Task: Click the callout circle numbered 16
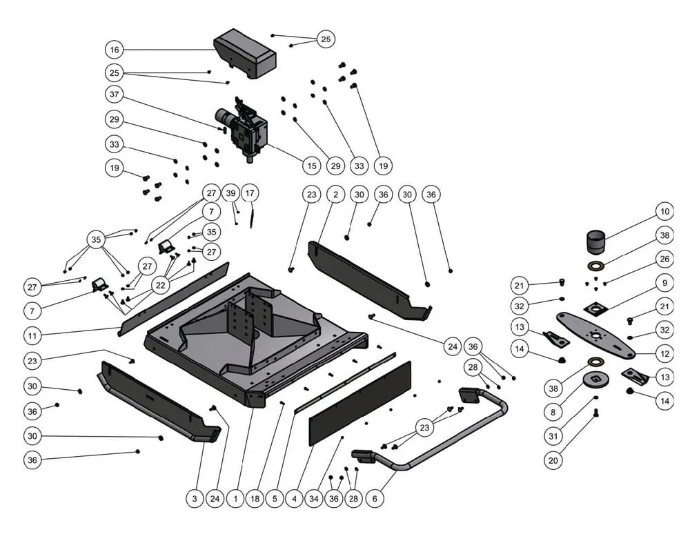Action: tap(115, 50)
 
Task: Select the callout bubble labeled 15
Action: tap(312, 166)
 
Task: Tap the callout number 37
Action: tap(115, 94)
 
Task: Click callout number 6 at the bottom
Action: tap(375, 497)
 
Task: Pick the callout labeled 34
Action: tap(314, 497)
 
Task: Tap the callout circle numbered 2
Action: tap(335, 195)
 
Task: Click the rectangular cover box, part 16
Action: tap(246, 54)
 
